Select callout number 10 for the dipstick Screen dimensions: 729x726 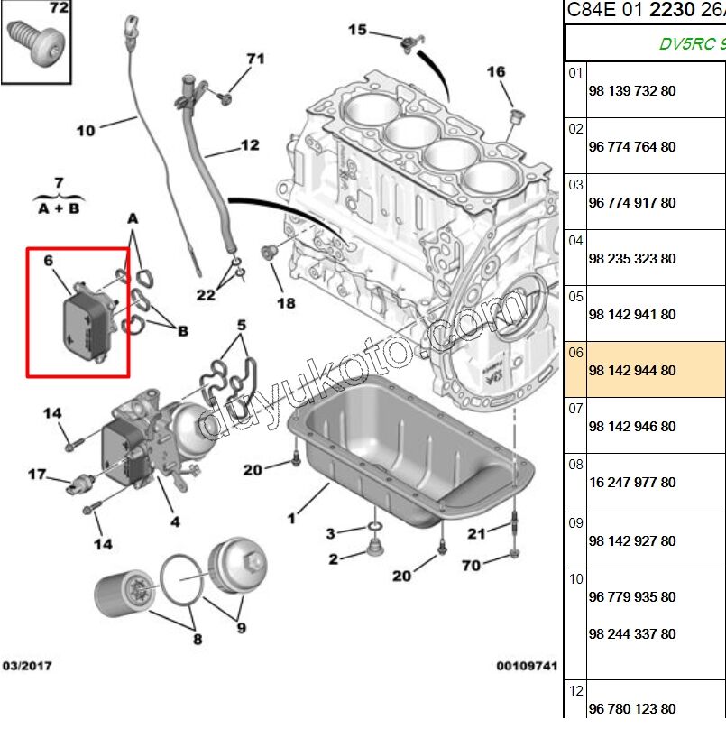tap(85, 130)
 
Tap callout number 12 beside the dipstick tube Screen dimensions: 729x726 tap(249, 144)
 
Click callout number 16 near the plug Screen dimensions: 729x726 tap(496, 72)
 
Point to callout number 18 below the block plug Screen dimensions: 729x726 tap(285, 303)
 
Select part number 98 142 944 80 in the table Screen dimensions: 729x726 tap(631, 371)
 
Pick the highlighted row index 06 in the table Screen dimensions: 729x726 tap(575, 353)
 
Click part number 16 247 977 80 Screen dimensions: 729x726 tap(631, 483)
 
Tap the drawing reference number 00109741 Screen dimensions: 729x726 tap(527, 667)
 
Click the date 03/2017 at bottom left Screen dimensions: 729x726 tap(27, 666)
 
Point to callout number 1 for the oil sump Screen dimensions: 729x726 tap(290, 518)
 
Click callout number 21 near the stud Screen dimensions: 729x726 tap(476, 533)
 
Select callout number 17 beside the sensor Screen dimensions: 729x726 tap(36, 474)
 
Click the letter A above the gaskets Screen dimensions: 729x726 tap(133, 218)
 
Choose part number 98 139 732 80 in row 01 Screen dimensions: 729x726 tap(631, 91)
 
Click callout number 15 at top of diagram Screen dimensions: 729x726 tap(357, 30)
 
